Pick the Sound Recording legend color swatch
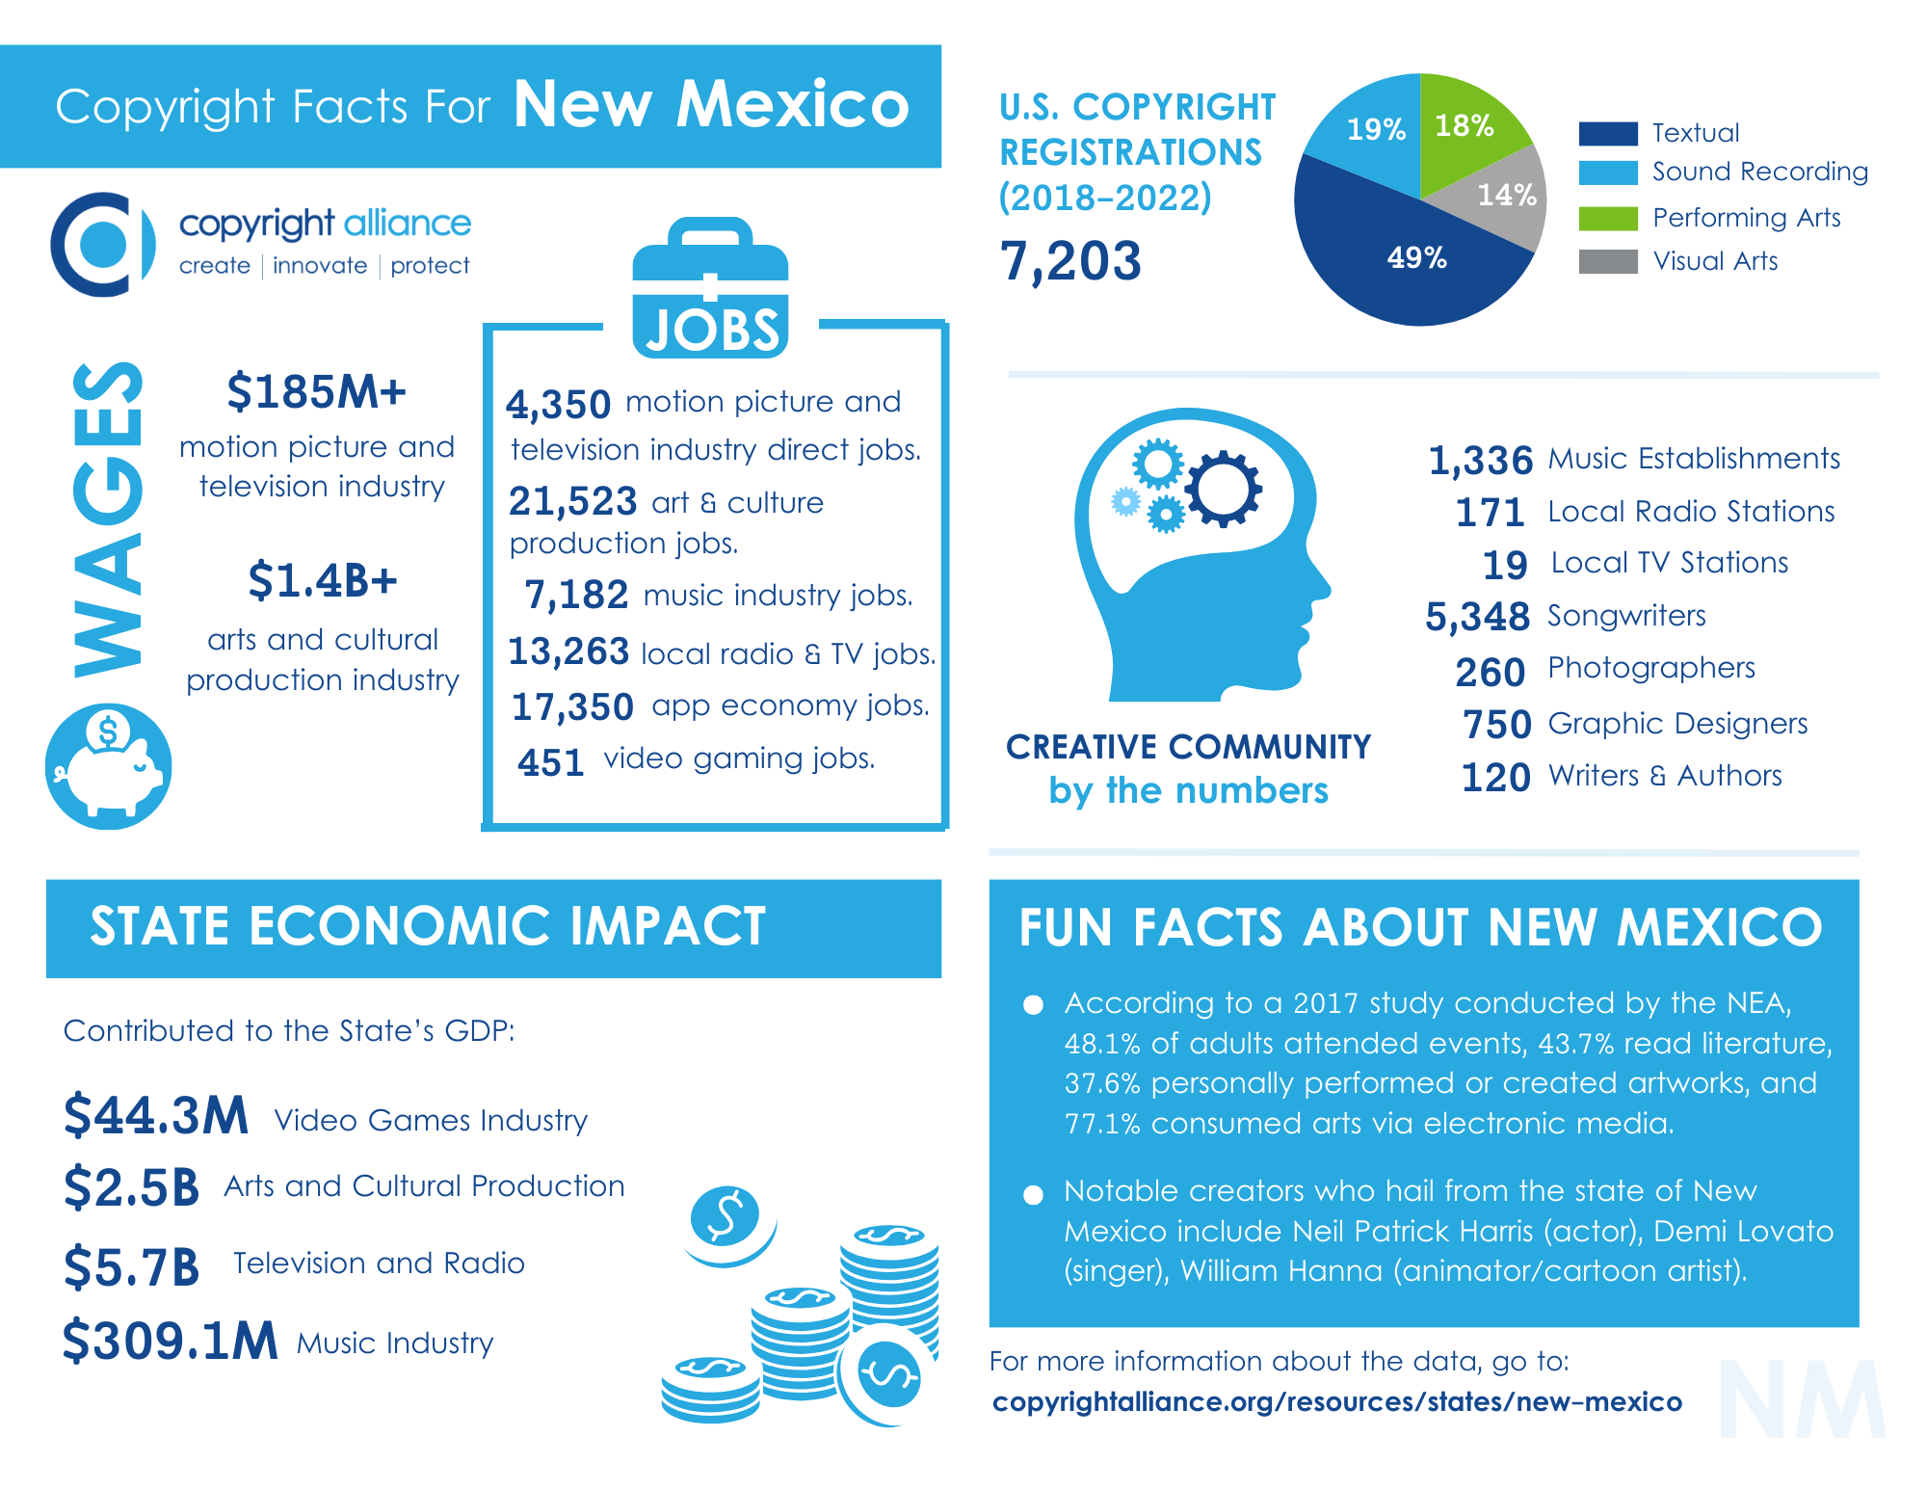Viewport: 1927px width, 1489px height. pos(1608,173)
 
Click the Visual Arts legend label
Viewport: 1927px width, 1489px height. pos(1715,261)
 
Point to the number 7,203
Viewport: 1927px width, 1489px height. pos(1070,261)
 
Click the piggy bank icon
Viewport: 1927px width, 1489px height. pos(109,767)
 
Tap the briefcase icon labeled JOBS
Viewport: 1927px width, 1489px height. pos(710,289)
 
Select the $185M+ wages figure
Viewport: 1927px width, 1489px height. pos(316,392)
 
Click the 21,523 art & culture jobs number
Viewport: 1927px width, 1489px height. pos(572,502)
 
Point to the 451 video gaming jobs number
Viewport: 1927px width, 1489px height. pos(551,762)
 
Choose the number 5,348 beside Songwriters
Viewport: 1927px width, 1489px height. pos(1477,617)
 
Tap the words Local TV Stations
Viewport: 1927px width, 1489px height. pos(1669,563)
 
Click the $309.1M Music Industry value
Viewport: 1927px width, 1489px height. pos(171,1341)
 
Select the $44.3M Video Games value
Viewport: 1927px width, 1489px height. pos(156,1116)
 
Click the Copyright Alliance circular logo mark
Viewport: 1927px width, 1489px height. pos(102,244)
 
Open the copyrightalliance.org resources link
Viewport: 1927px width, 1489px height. pos(1336,1402)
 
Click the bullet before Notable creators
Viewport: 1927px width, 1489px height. pos(1033,1195)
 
